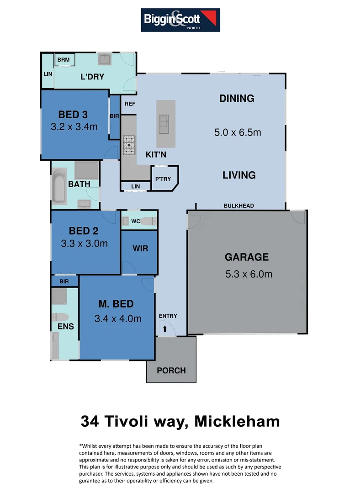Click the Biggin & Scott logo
pyautogui.click(x=180, y=20)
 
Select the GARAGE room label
pyautogui.click(x=246, y=257)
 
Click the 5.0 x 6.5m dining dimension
pyautogui.click(x=238, y=132)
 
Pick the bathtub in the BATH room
pyautogui.click(x=59, y=186)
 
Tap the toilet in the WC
pyautogui.click(x=148, y=221)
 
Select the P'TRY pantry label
pyautogui.click(x=163, y=179)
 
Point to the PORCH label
pyautogui.click(x=171, y=370)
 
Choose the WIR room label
pyautogui.click(x=140, y=249)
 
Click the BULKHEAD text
pyautogui.click(x=238, y=206)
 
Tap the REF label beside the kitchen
pyautogui.click(x=130, y=104)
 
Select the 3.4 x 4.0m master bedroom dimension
pyautogui.click(x=118, y=319)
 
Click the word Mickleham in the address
pyautogui.click(x=237, y=421)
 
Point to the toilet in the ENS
pyautogui.click(x=60, y=317)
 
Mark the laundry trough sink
pyautogui.click(x=104, y=59)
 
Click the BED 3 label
pyautogui.click(x=73, y=115)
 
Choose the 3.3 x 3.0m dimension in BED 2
pyautogui.click(x=84, y=243)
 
